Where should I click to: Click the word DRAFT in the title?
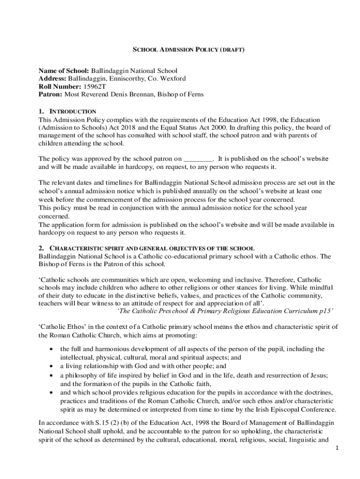coord(232,49)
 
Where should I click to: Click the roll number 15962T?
coord(96,87)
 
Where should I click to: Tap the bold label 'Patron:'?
coord(50,94)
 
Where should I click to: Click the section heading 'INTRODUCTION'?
coord(73,112)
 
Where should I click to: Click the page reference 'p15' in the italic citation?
coord(326,312)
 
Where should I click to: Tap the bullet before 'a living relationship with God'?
coord(50,366)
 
